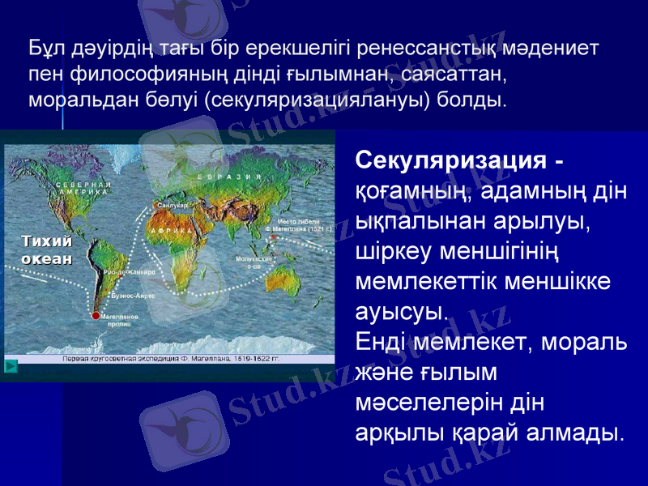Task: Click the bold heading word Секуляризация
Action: pyautogui.click(x=450, y=160)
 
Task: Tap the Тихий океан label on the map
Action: pyautogui.click(x=45, y=250)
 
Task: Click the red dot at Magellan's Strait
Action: pyautogui.click(x=96, y=315)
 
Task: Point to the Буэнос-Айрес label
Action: pyautogui.click(x=134, y=296)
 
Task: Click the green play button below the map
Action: pyautogui.click(x=11, y=366)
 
